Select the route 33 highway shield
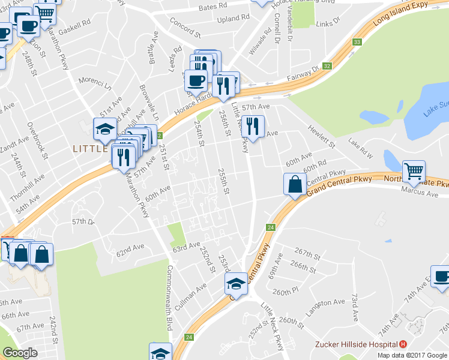(x=357, y=42)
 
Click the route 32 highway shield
(x=327, y=66)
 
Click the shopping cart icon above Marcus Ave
(x=414, y=171)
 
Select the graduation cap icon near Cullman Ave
(x=237, y=283)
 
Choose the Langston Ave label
(x=326, y=303)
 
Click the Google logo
(x=20, y=353)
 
